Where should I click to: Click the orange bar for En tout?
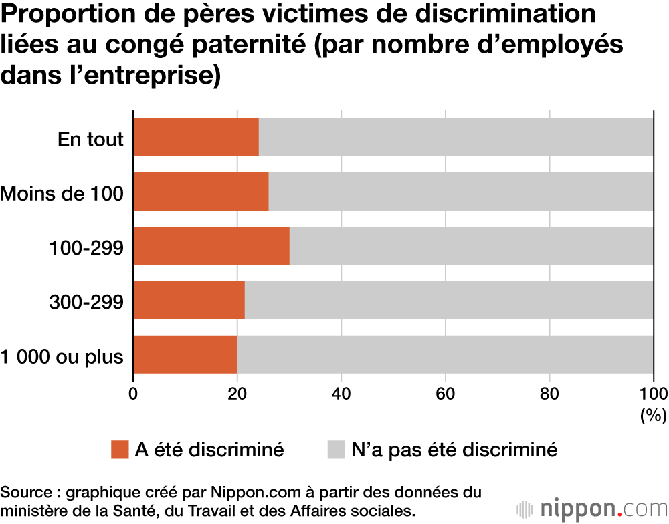tap(196, 137)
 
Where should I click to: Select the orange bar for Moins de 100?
tap(201, 192)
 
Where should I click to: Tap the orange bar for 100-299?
tap(211, 246)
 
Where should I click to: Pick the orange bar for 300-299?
tap(189, 300)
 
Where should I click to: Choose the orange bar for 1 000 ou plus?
tap(185, 354)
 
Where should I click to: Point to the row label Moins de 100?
tap(62, 193)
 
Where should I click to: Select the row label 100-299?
tap(86, 247)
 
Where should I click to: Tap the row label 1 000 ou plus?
tap(62, 356)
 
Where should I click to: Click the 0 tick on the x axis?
tap(134, 393)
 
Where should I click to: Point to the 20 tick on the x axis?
tap(237, 393)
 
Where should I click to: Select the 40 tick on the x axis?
tap(342, 393)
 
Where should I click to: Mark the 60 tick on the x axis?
tap(446, 393)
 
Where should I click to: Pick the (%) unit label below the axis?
tap(654, 416)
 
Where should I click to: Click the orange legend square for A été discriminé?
tap(120, 450)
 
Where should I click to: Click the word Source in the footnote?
tap(27, 493)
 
